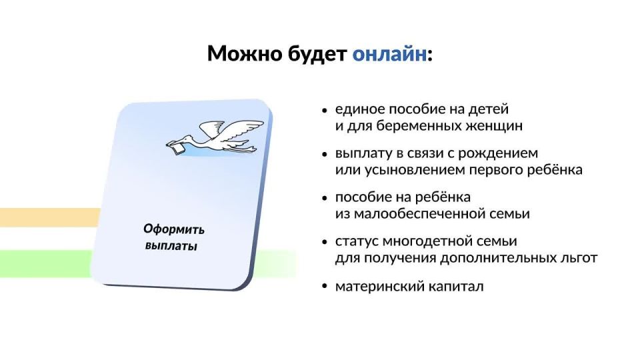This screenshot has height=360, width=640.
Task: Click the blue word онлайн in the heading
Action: click(389, 54)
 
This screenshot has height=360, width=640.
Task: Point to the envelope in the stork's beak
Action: click(176, 147)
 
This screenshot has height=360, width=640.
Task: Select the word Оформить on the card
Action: click(174, 230)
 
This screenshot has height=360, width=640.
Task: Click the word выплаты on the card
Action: click(171, 246)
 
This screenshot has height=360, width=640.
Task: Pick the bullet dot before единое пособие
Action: click(325, 110)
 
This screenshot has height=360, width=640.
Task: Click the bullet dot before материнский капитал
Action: click(325, 287)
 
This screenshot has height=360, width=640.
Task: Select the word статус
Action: click(354, 241)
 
